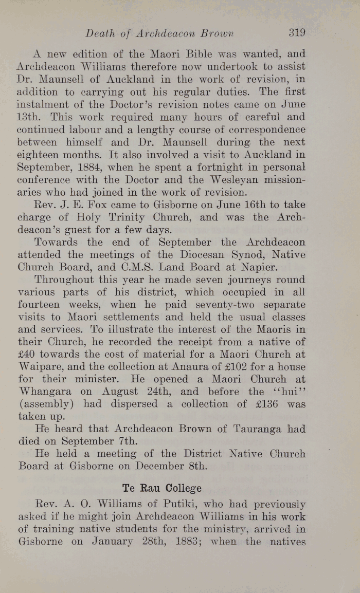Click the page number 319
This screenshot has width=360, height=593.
(297, 33)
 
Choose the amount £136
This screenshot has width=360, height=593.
(265, 405)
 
